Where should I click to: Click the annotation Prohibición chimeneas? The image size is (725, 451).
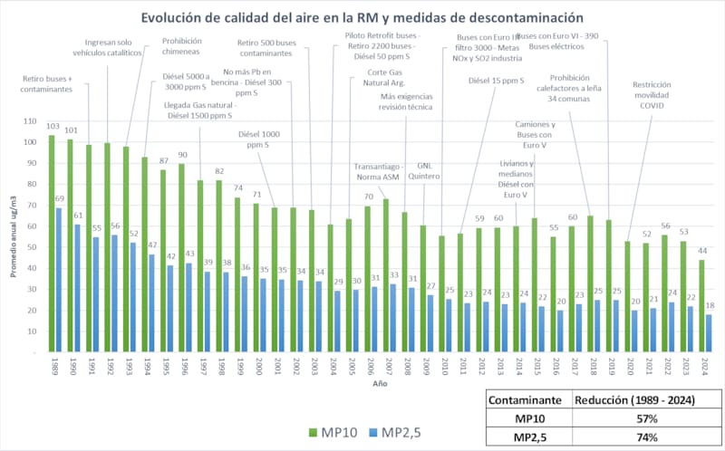(x=182, y=46)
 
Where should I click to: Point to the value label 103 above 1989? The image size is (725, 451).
(x=53, y=127)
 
